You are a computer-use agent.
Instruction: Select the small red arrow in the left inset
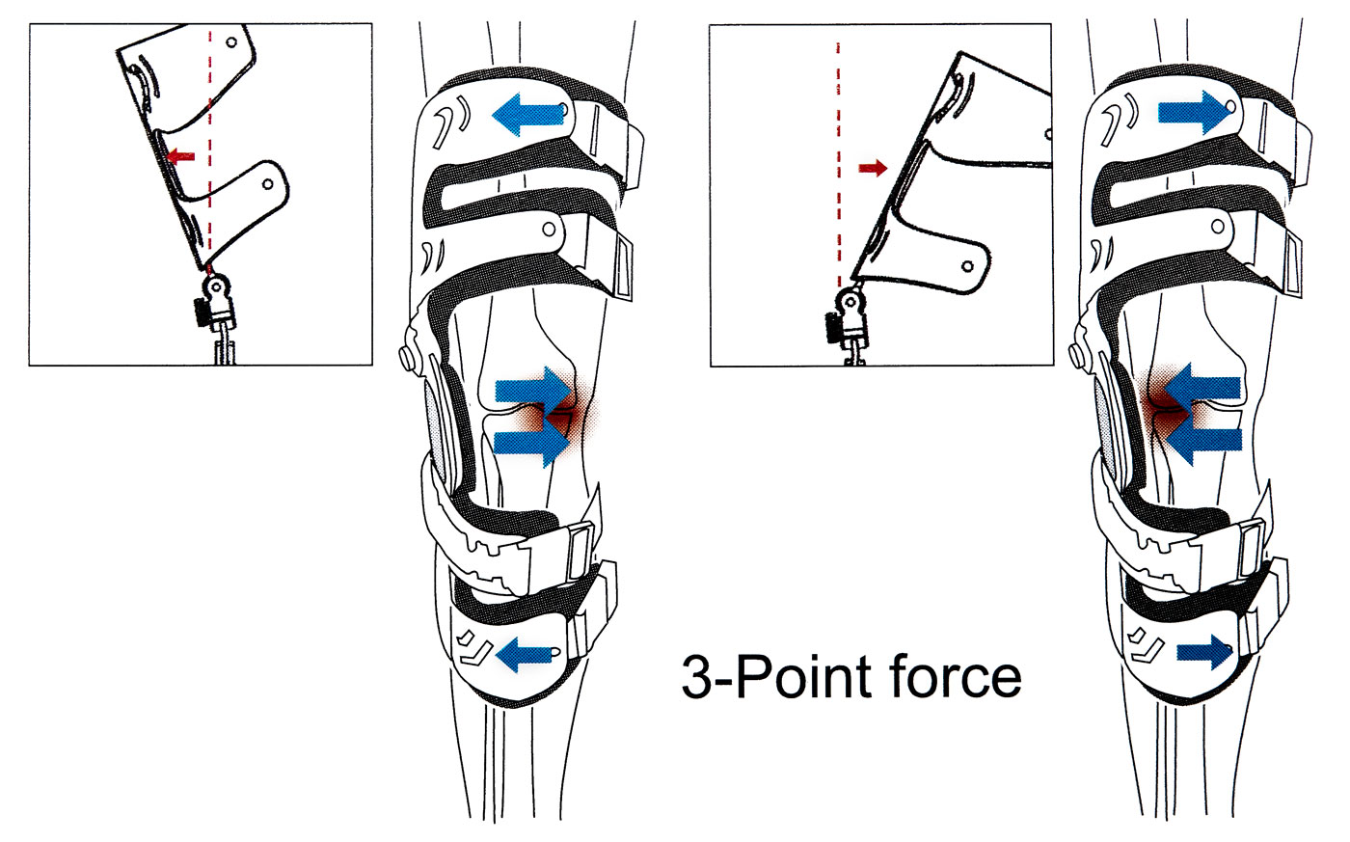pyautogui.click(x=180, y=155)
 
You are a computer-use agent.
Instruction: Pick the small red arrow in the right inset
pyautogui.click(x=873, y=169)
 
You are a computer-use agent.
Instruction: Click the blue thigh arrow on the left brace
pyautogui.click(x=528, y=114)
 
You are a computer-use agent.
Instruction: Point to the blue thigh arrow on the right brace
pyautogui.click(x=1196, y=112)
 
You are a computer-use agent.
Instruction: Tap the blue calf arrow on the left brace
pyautogui.click(x=526, y=653)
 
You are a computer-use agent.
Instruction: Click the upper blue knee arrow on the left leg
pyautogui.click(x=533, y=390)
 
